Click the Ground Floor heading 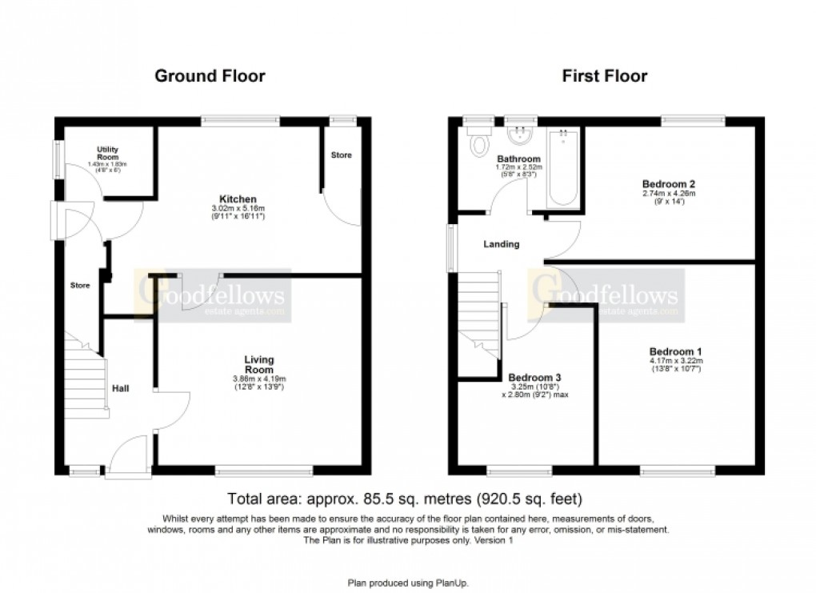tap(209, 76)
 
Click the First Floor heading tap(604, 76)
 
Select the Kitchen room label tap(238, 198)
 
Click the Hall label tap(121, 389)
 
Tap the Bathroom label tap(518, 159)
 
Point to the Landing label tap(501, 244)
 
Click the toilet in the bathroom tap(480, 146)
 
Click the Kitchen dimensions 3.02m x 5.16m tap(238, 210)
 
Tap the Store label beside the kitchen tap(341, 154)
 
